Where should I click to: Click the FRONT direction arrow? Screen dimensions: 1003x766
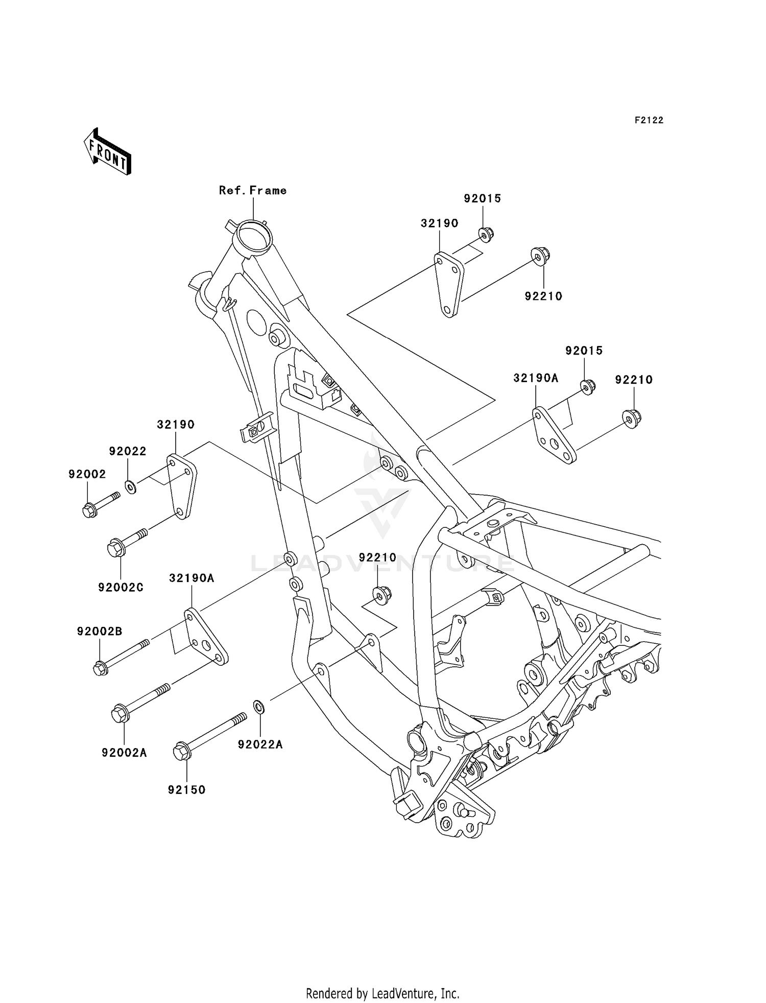coord(108,152)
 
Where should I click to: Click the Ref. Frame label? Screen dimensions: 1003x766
coord(253,191)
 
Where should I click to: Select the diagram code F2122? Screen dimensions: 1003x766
coord(649,120)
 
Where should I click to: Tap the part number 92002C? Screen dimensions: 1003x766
coord(121,588)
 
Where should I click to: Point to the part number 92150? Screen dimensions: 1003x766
coord(187,790)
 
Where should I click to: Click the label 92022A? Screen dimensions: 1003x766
coord(260,744)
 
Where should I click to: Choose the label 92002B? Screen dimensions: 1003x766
coord(100,632)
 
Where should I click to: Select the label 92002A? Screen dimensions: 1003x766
coord(124,753)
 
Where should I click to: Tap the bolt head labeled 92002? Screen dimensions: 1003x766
coord(89,510)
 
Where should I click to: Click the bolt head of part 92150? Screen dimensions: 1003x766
coord(181,752)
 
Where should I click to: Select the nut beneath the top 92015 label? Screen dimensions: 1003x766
coord(486,235)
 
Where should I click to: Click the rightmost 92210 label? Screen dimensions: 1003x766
coord(634,380)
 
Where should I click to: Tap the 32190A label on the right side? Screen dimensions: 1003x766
coord(536,378)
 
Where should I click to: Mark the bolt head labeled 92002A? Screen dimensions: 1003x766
coord(119,713)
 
